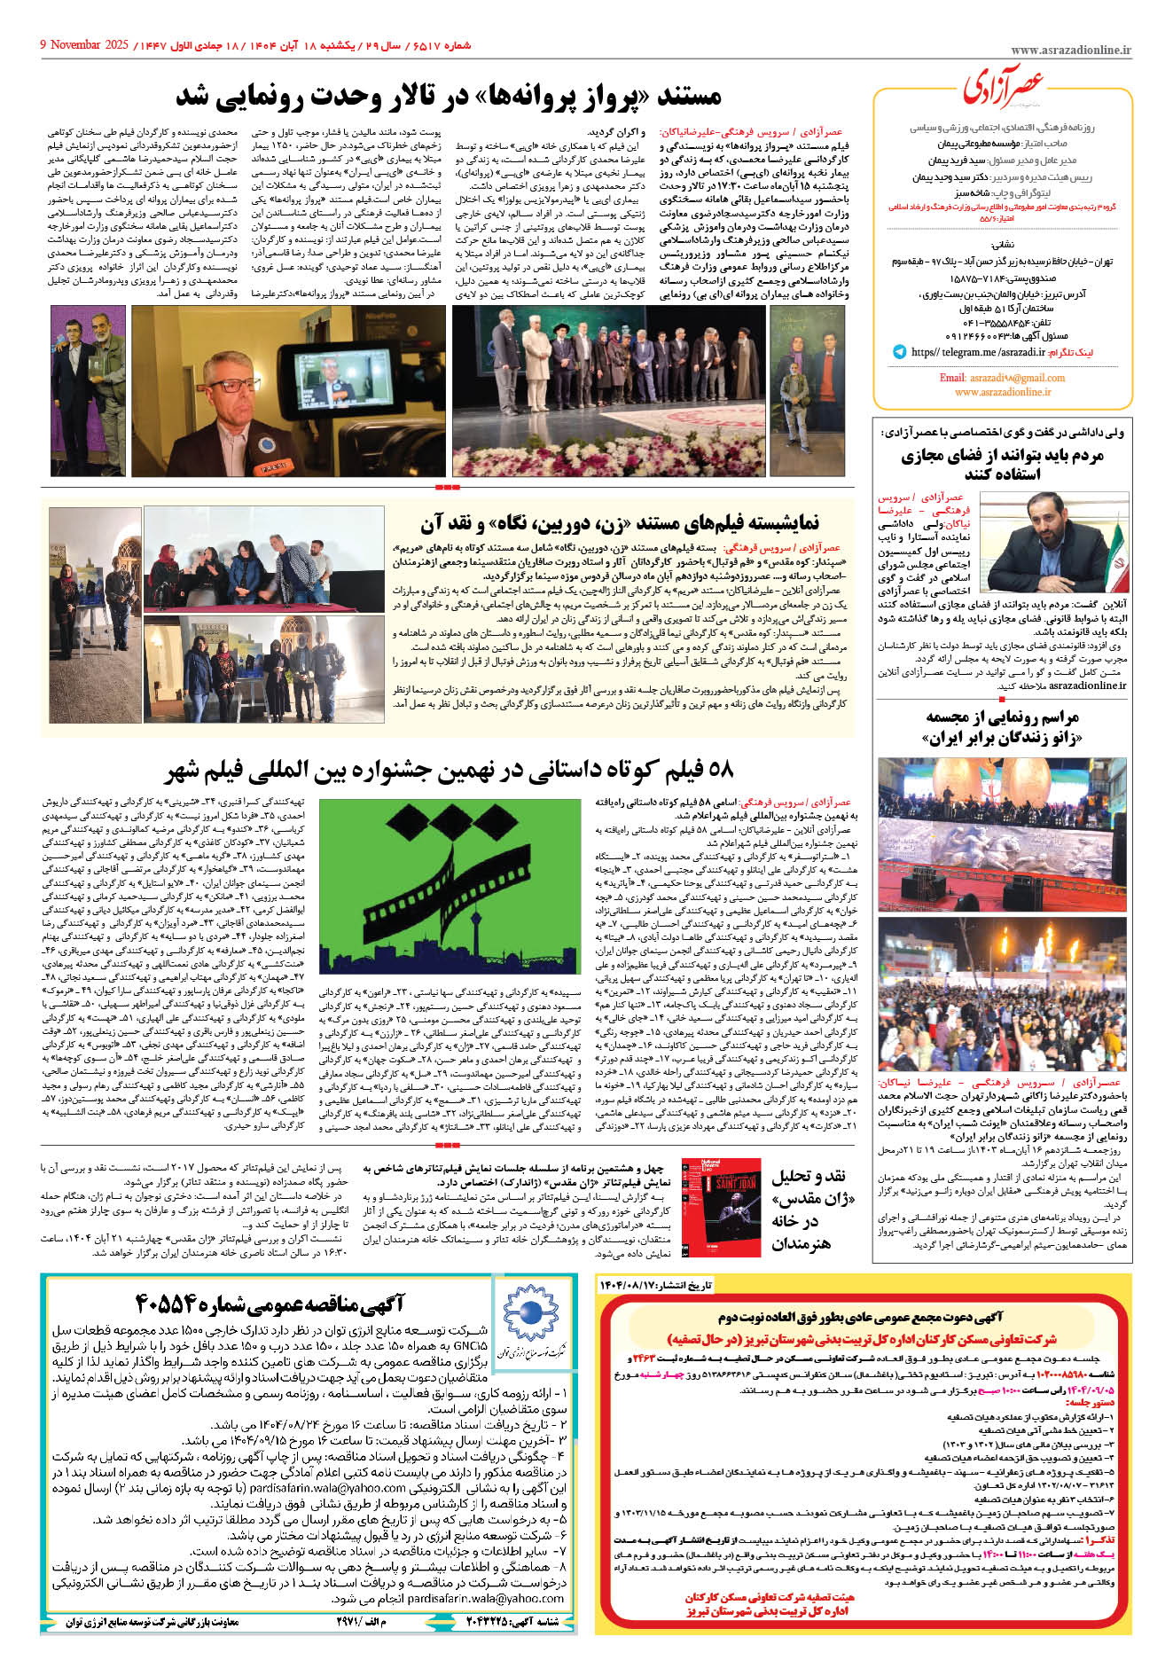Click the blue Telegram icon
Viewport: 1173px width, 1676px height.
899,352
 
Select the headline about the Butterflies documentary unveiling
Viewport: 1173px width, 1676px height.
449,96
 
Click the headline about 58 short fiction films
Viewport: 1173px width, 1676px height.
449,770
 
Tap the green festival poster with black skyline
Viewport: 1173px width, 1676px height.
444,887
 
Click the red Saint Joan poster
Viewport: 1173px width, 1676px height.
721,1207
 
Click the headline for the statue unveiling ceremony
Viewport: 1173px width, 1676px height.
1003,726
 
